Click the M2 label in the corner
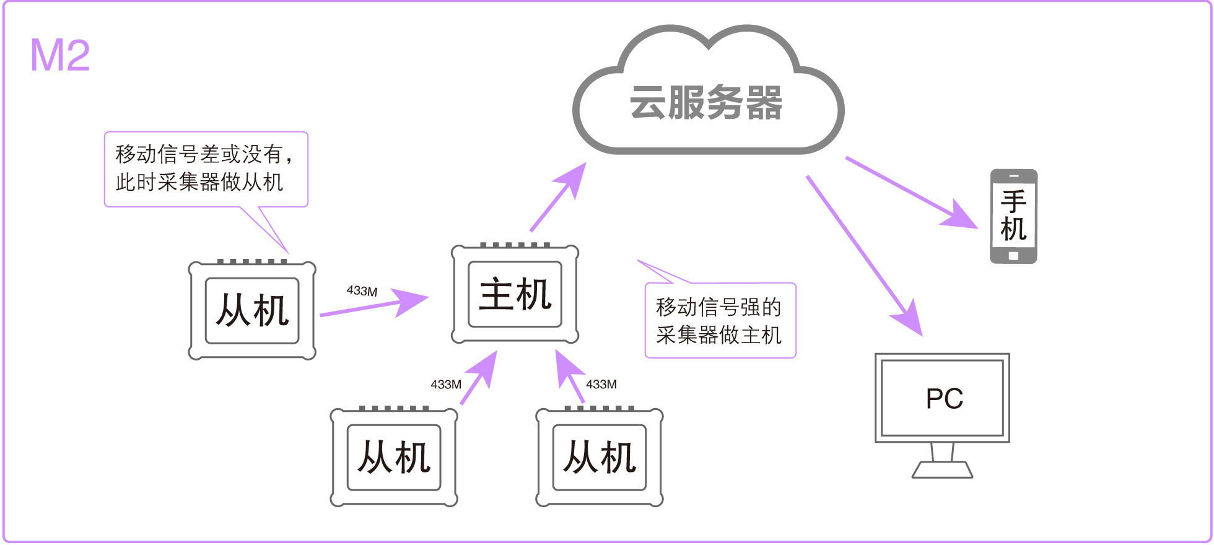click(x=60, y=56)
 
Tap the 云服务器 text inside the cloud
click(x=706, y=103)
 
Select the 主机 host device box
click(x=515, y=294)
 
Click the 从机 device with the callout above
click(x=252, y=310)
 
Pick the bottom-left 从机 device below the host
click(x=394, y=458)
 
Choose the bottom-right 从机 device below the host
click(x=600, y=458)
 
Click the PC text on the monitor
click(x=944, y=399)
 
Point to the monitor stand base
click(x=942, y=470)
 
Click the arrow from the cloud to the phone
click(x=910, y=192)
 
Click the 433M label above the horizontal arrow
click(x=362, y=291)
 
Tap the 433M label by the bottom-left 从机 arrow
click(x=446, y=385)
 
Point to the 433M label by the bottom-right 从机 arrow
click(x=601, y=385)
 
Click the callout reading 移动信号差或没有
click(x=206, y=168)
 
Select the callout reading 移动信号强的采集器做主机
click(x=720, y=321)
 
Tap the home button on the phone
click(x=1013, y=256)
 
